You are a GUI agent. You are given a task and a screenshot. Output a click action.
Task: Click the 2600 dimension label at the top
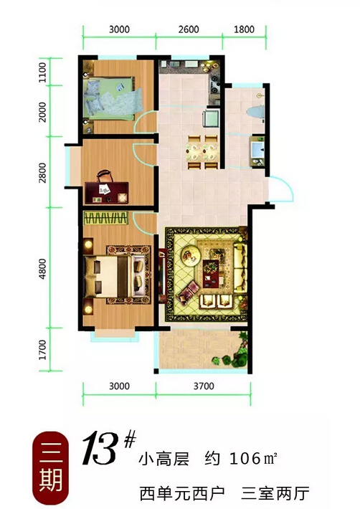coord(189,29)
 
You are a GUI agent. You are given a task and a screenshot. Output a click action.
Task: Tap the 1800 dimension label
coord(244,29)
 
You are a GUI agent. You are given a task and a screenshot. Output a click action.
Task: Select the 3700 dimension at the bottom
coord(204,386)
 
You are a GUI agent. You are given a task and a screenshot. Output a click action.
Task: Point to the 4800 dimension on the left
coord(42,269)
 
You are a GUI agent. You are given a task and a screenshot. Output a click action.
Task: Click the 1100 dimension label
coord(42,72)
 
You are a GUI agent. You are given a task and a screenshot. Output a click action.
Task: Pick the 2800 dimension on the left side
coord(42,173)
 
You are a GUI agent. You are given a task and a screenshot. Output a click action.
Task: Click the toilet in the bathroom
coord(255,111)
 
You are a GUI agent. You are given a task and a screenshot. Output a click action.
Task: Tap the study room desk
coord(106,193)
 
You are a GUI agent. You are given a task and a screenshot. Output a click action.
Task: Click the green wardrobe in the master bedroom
coord(106,218)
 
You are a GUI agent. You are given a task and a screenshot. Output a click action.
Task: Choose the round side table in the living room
coord(190,255)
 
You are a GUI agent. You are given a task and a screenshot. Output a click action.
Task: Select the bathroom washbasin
coord(257,151)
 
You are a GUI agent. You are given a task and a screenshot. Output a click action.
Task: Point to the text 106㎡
coord(253,458)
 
